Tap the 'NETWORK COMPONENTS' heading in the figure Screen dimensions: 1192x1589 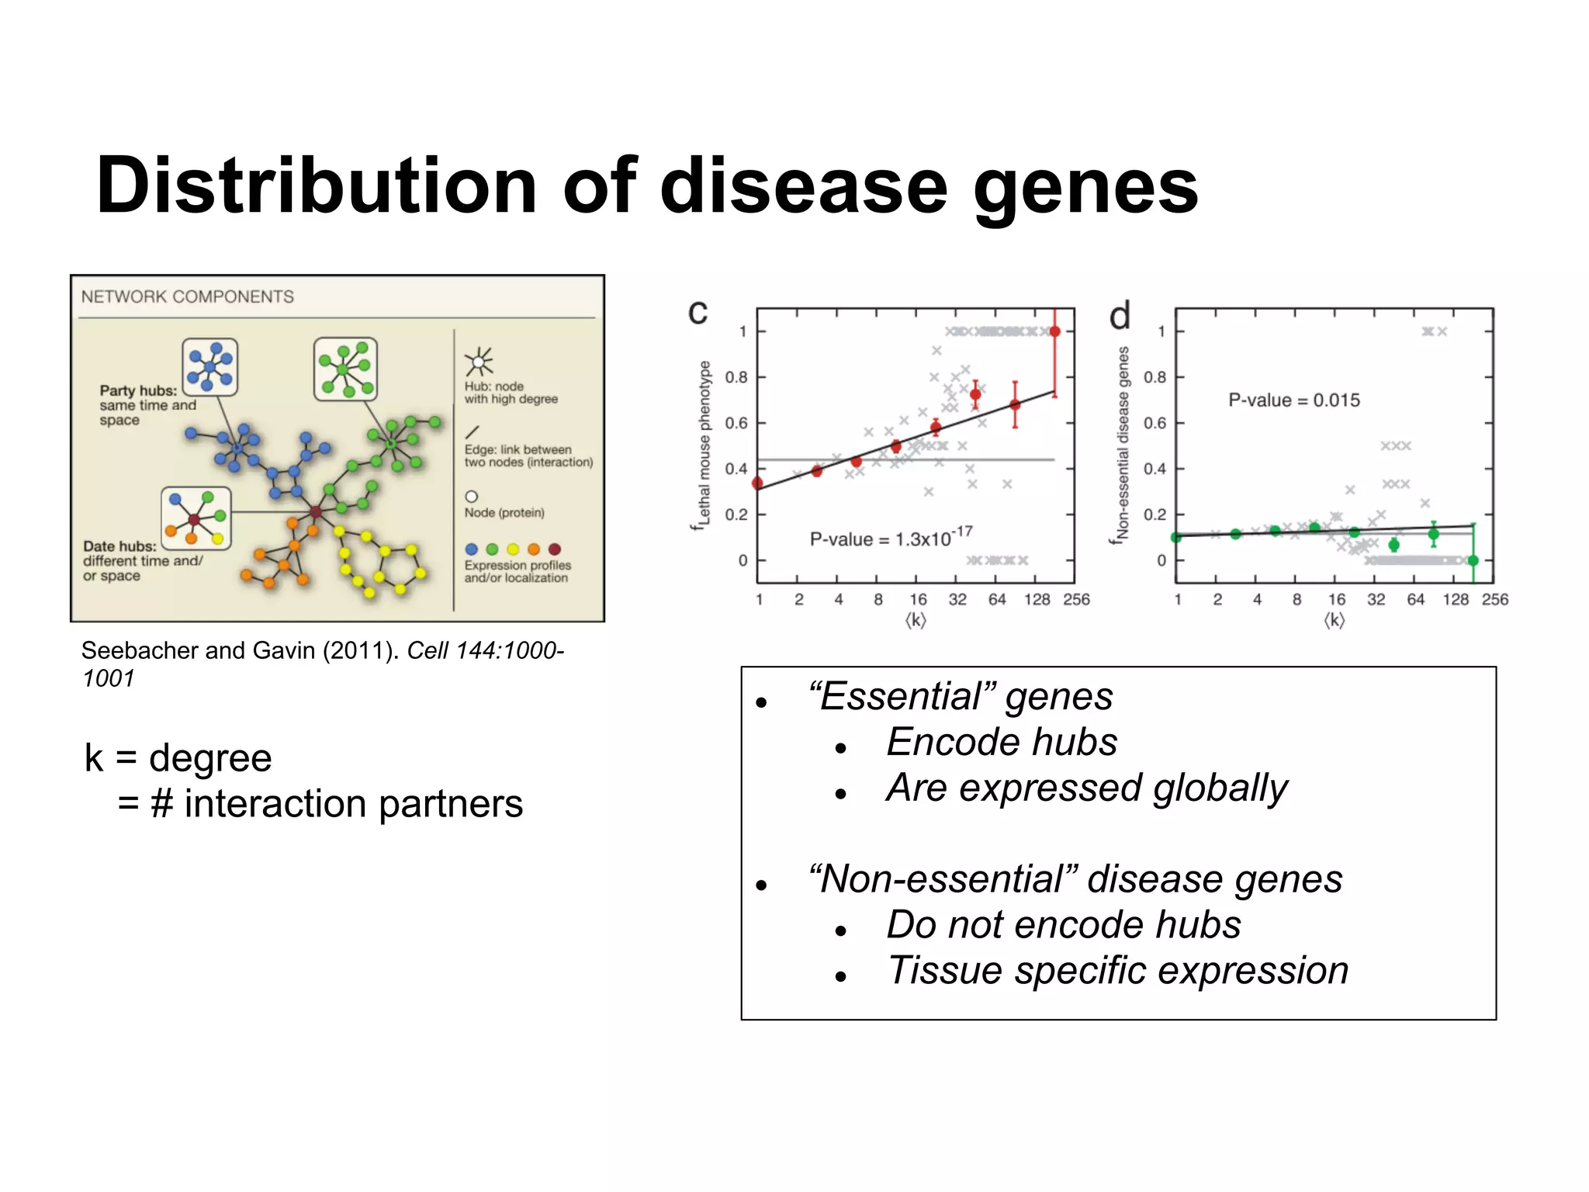187,296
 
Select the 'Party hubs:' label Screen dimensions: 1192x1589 138,390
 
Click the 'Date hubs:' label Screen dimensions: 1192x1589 119,546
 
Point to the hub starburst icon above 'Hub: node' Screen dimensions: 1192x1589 479,362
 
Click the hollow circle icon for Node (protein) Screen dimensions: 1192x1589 471,497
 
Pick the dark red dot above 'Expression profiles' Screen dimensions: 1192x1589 554,549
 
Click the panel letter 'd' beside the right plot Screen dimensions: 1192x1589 1119,317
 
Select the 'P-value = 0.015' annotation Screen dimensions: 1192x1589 1293,400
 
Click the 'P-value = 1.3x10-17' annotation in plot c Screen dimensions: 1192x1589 890,538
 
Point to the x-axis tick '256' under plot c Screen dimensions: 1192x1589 1076,599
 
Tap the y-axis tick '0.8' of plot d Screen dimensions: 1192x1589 1155,377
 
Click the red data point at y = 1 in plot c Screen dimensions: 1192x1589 1054,331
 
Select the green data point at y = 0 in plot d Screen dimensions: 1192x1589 1473,560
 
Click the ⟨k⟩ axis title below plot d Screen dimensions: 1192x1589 1334,620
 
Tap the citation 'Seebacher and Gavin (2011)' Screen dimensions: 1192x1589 241,650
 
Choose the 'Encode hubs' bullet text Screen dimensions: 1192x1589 1001,742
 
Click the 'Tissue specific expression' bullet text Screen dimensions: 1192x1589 1117,970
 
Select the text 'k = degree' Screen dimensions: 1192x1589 178,758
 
